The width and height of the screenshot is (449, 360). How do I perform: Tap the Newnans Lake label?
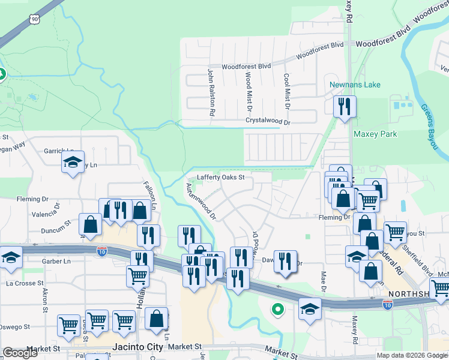pos(355,85)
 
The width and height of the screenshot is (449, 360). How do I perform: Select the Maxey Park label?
pos(375,134)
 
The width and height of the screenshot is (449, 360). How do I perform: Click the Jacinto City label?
pos(137,347)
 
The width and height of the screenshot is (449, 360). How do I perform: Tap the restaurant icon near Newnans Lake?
pos(345,107)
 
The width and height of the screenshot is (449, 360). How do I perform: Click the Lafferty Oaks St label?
pos(221,177)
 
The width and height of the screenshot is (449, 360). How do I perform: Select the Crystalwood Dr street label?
pos(267,121)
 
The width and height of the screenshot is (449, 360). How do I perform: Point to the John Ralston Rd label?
pos(211,92)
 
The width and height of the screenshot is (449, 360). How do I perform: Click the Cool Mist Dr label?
pos(287,91)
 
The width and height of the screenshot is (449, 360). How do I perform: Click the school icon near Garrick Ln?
pos(73,162)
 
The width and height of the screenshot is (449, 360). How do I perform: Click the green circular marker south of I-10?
pos(277,310)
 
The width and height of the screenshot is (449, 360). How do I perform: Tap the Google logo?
pos(20,353)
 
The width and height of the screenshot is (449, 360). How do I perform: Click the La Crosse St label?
pos(25,283)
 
